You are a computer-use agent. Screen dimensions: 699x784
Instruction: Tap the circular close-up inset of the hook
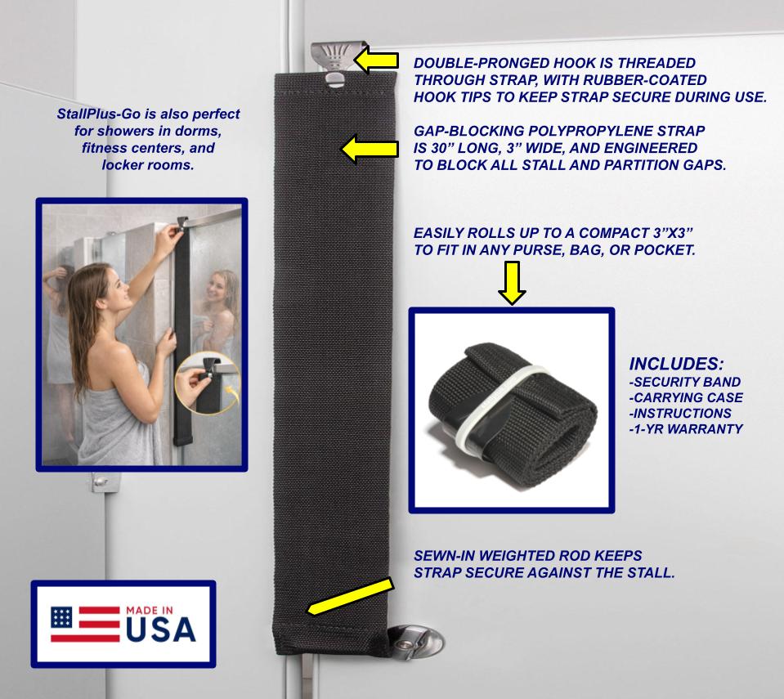[x=206, y=385]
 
